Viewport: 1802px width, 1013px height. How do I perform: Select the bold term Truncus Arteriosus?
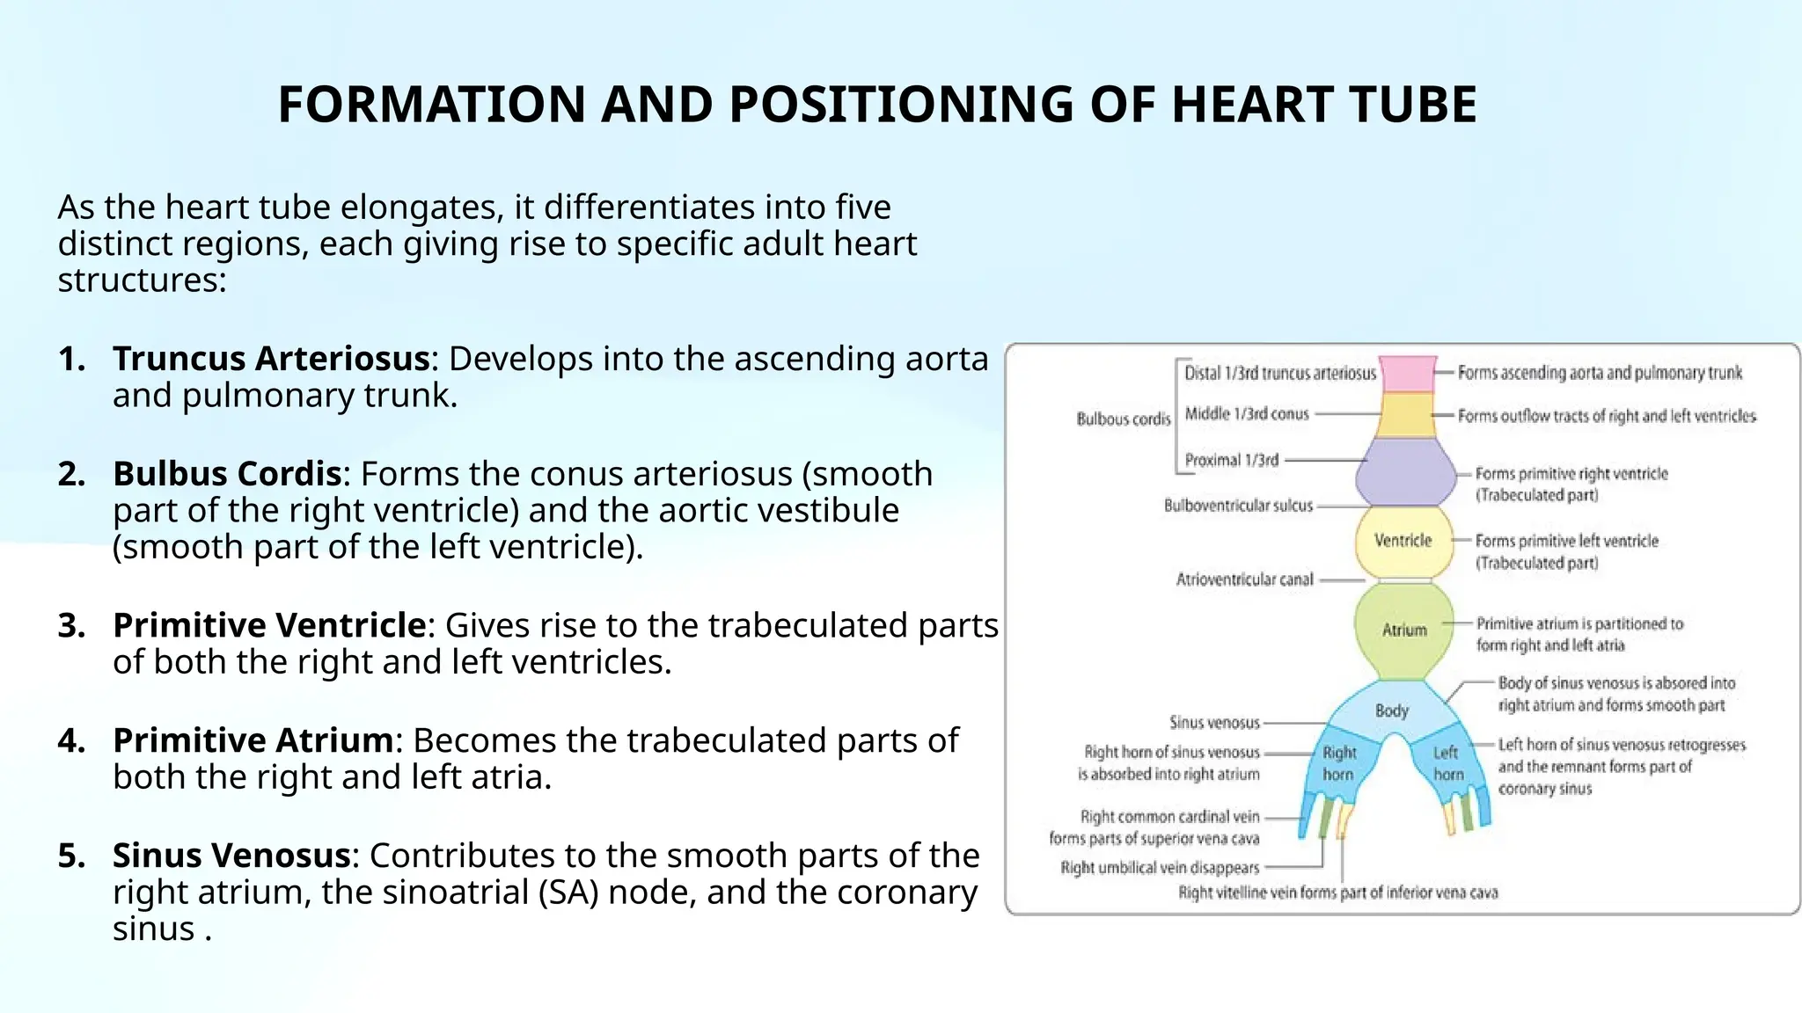pyautogui.click(x=271, y=359)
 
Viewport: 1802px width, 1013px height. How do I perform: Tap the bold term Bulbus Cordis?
pyautogui.click(x=227, y=474)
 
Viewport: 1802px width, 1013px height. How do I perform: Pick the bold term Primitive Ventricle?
pyautogui.click(x=270, y=625)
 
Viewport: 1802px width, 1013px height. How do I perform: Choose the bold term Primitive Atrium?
pyautogui.click(x=253, y=740)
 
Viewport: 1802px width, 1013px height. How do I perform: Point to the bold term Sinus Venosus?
pyautogui.click(x=231, y=856)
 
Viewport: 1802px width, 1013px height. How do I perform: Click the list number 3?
pyautogui.click(x=71, y=626)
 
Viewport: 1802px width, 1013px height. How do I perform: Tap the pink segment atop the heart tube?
pyautogui.click(x=1408, y=374)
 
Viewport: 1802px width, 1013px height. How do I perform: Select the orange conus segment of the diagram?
pyautogui.click(x=1406, y=415)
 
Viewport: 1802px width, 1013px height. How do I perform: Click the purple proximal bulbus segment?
pyautogui.click(x=1406, y=472)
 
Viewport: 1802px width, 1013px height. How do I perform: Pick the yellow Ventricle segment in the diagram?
pyautogui.click(x=1403, y=541)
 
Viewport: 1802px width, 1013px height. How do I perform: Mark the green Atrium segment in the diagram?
pyautogui.click(x=1404, y=630)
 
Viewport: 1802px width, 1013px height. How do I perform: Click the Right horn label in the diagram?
pyautogui.click(x=1339, y=763)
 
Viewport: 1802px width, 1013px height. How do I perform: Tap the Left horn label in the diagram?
pyautogui.click(x=1447, y=763)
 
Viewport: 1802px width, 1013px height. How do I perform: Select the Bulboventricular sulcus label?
pyautogui.click(x=1238, y=506)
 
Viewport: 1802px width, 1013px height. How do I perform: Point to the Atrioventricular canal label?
pyautogui.click(x=1244, y=579)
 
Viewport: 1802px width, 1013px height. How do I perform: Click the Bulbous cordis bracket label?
pyautogui.click(x=1124, y=419)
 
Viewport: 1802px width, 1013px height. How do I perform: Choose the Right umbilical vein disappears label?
pyautogui.click(x=1160, y=868)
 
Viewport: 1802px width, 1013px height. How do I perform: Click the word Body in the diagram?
pyautogui.click(x=1392, y=711)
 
